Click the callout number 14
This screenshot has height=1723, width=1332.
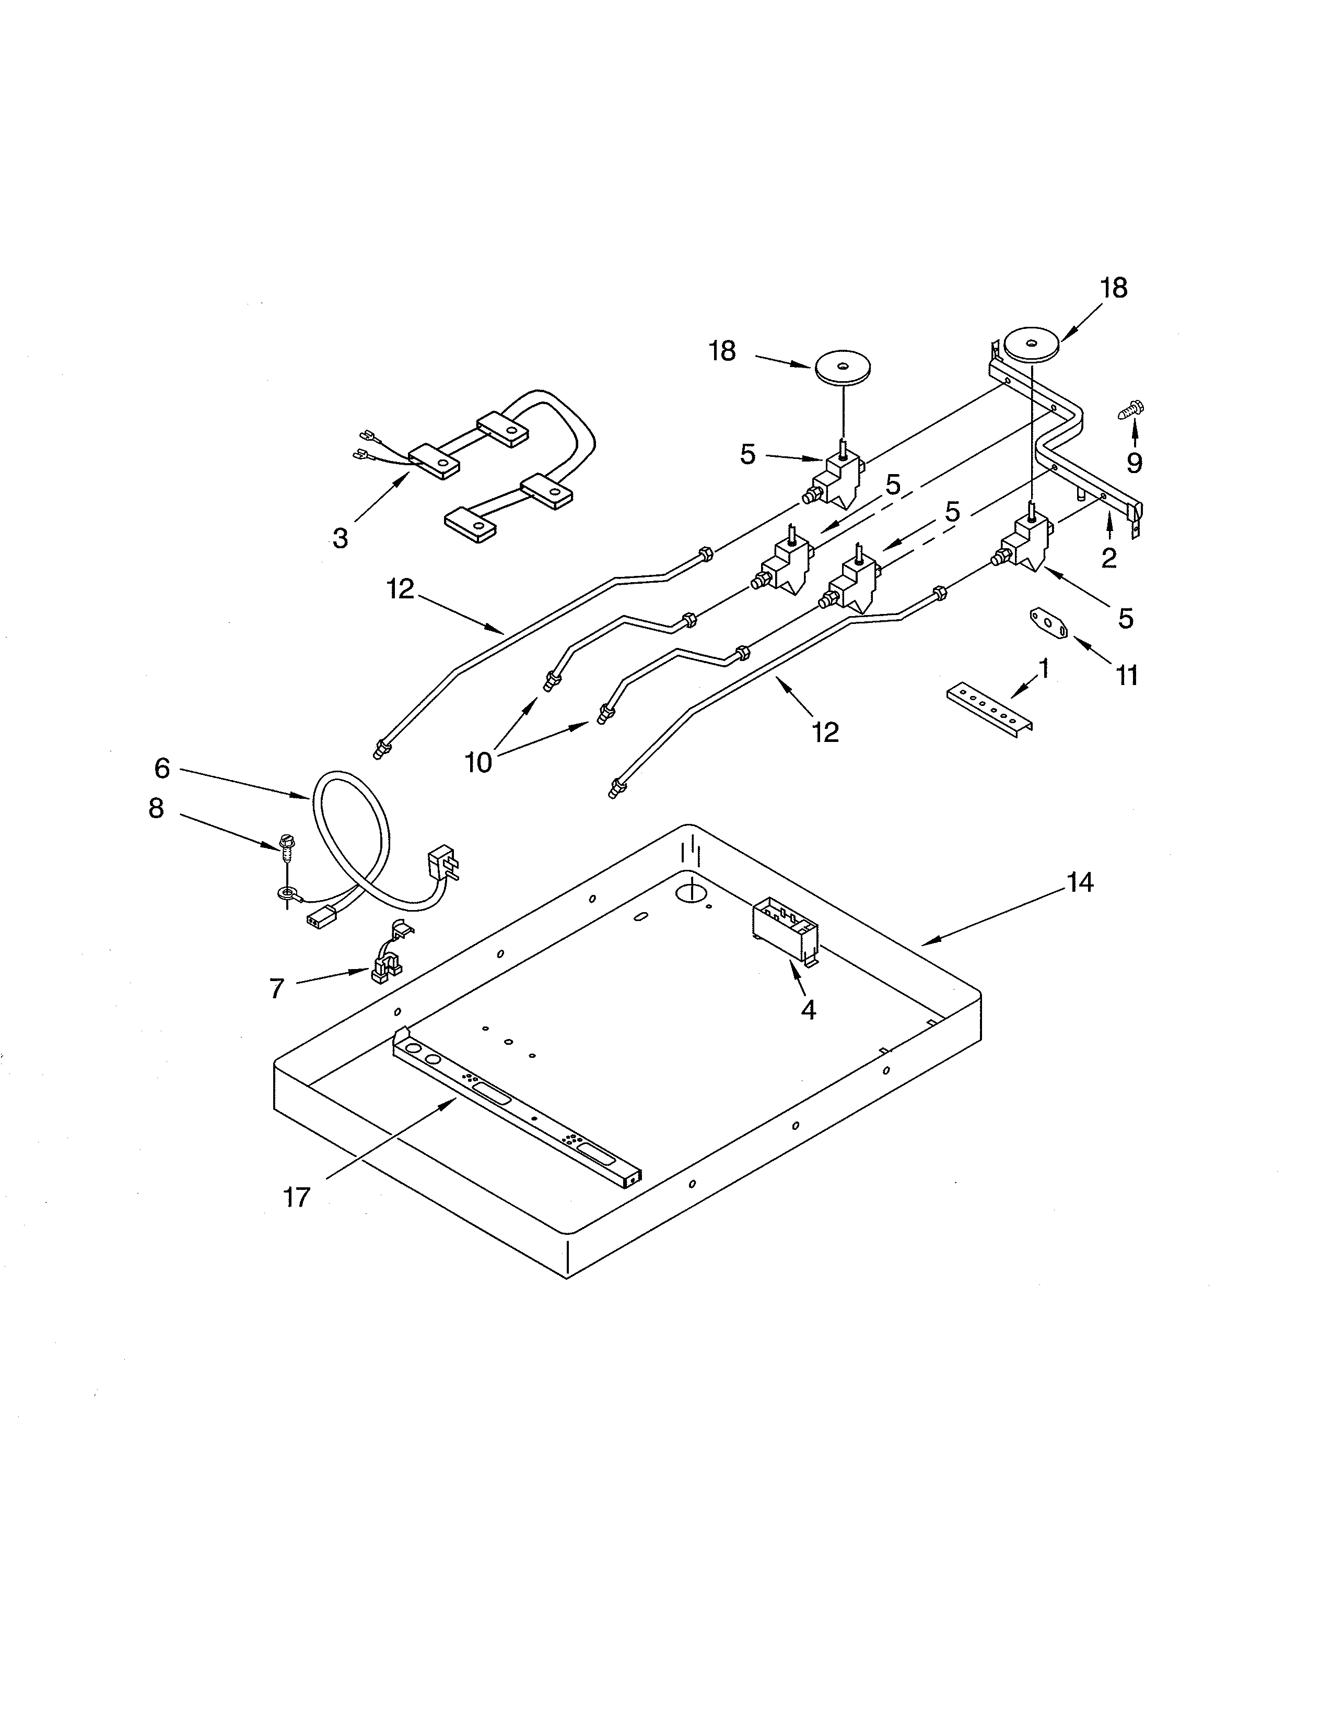(x=1080, y=883)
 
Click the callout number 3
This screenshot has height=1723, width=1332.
(x=340, y=539)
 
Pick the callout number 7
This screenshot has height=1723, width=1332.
(x=276, y=988)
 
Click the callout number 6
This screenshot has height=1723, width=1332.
(x=162, y=768)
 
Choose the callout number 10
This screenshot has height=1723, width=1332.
(x=478, y=762)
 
